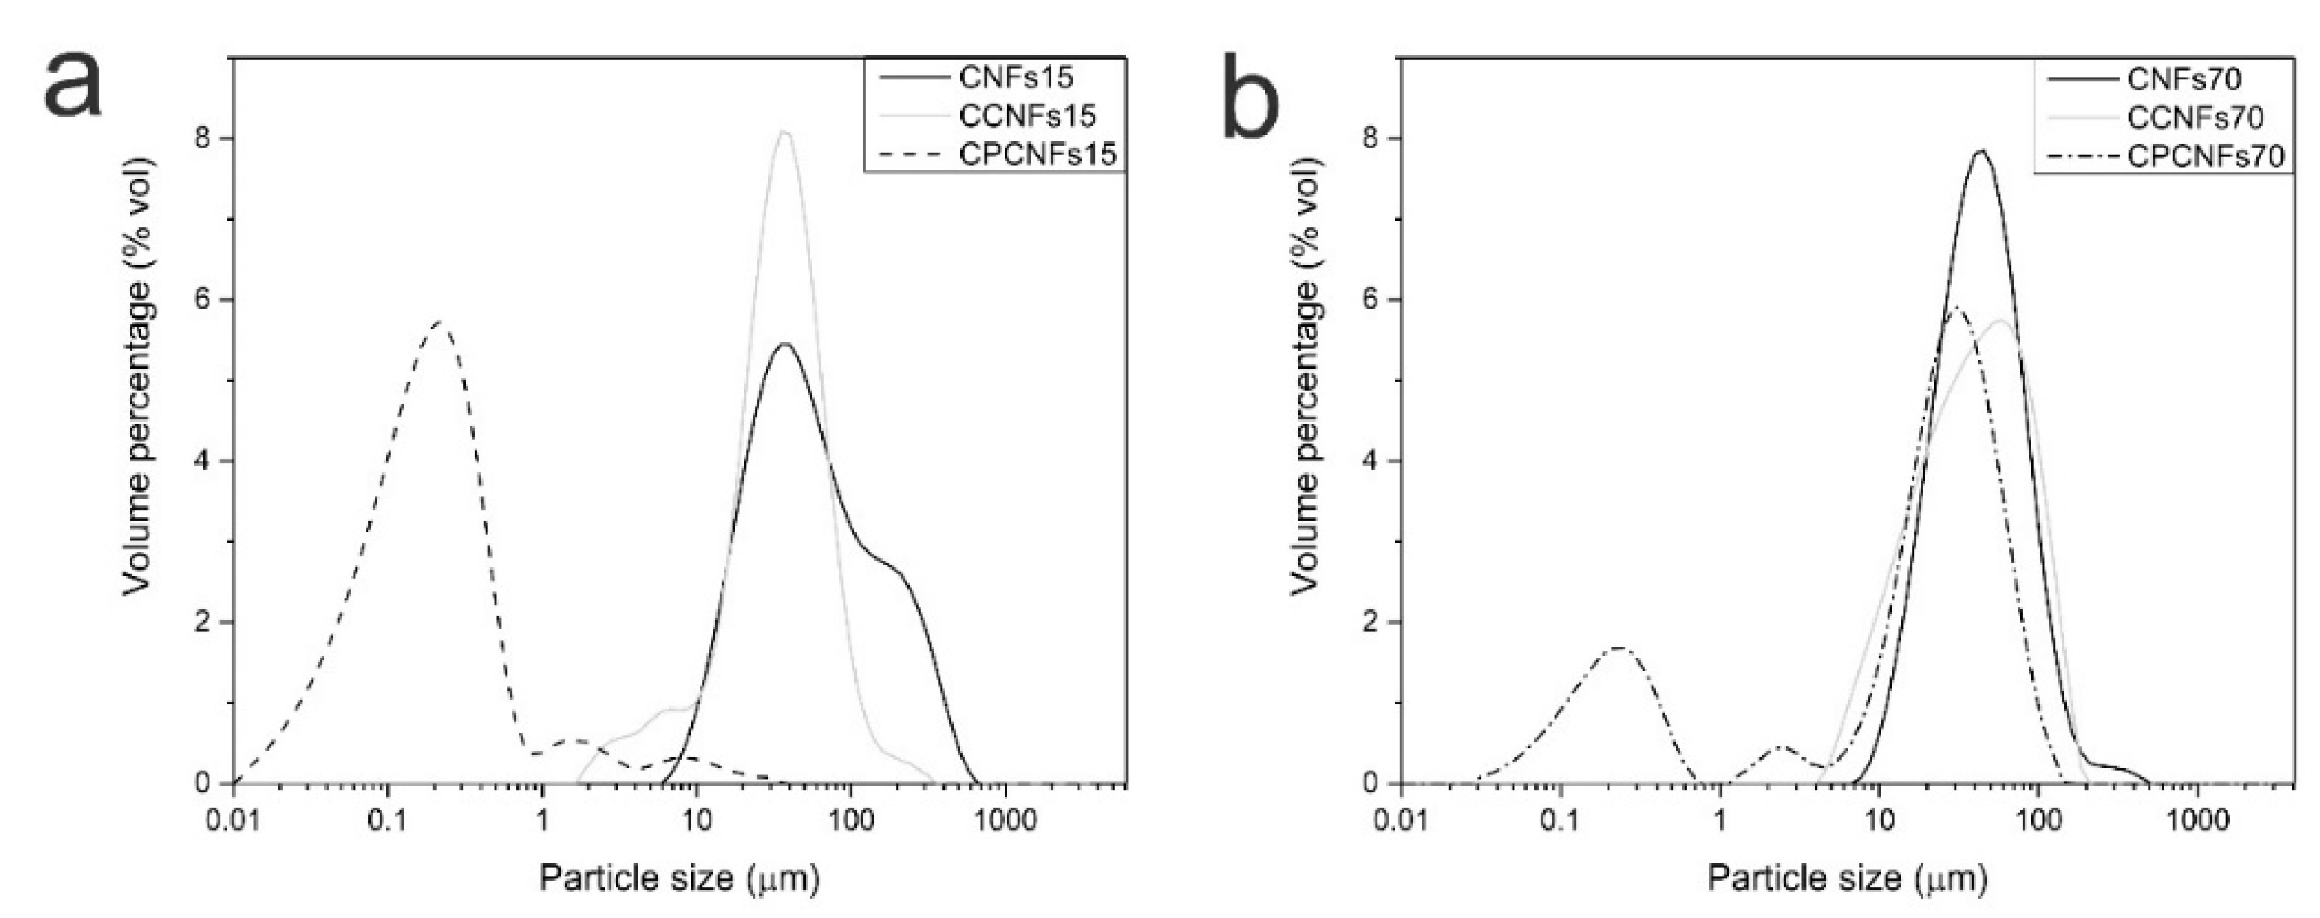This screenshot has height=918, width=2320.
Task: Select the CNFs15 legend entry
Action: [x=1016, y=78]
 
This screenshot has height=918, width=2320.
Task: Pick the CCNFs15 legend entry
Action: [x=1027, y=115]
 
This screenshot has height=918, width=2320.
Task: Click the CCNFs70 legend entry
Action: [x=2194, y=117]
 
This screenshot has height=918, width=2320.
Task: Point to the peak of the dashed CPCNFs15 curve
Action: [x=439, y=321]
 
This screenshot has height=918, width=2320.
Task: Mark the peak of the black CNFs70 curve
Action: [x=1981, y=151]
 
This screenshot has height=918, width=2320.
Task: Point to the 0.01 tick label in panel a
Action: [x=233, y=821]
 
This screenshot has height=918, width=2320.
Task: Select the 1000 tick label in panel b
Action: [x=2195, y=821]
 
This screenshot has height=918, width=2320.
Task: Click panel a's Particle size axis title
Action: [x=679, y=878]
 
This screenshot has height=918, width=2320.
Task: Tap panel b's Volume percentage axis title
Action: [x=1306, y=377]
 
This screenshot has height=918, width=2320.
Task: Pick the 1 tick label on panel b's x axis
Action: [x=1719, y=821]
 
